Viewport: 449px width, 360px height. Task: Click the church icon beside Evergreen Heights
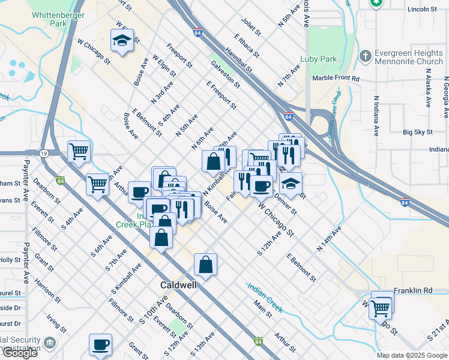tap(365, 56)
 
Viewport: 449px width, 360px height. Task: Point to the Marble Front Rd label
tap(336, 79)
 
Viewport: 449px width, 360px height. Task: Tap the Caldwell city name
tap(178, 285)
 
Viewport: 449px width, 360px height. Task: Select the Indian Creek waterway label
tap(265, 296)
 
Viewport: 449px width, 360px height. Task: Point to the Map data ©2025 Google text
tap(412, 355)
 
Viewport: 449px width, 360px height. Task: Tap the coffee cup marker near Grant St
tap(101, 344)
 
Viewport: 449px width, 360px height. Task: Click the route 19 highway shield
tap(44, 154)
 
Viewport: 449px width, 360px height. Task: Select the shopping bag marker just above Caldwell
tap(205, 263)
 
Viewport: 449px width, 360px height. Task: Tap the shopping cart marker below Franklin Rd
tap(381, 308)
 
